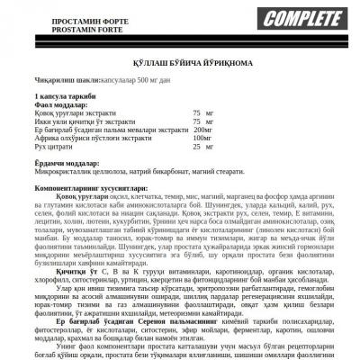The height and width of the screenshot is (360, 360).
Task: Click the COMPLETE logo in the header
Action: [x=302, y=17]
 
